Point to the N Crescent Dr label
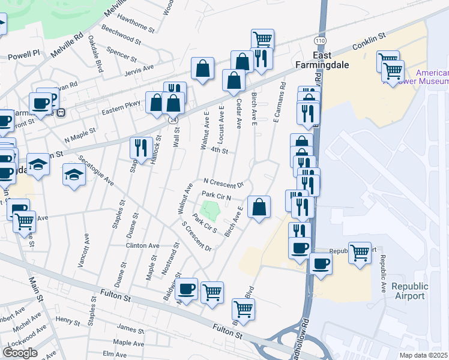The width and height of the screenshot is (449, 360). pos(223,182)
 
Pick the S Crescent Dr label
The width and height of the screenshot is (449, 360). pos(197,236)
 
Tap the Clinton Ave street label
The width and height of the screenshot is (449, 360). pos(142,245)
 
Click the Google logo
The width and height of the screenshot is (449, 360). pos(20,353)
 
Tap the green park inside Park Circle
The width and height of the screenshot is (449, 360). pos(210,211)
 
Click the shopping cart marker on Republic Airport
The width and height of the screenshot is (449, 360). pos(360,252)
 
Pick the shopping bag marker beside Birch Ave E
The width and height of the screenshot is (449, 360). pos(259,207)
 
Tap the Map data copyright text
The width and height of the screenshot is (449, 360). pos(424,355)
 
